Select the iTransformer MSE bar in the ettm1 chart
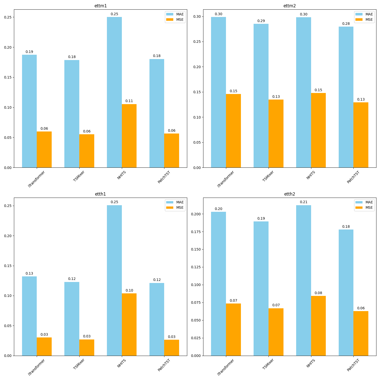(44, 149)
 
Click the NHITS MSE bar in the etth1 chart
(129, 325)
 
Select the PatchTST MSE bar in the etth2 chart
(361, 333)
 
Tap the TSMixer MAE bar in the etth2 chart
(261, 289)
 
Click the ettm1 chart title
(101, 6)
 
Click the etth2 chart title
(290, 194)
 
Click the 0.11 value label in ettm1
(129, 101)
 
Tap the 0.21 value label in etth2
(303, 202)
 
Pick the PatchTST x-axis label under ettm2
(353, 177)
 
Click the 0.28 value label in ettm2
(346, 24)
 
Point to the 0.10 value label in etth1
(129, 290)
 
